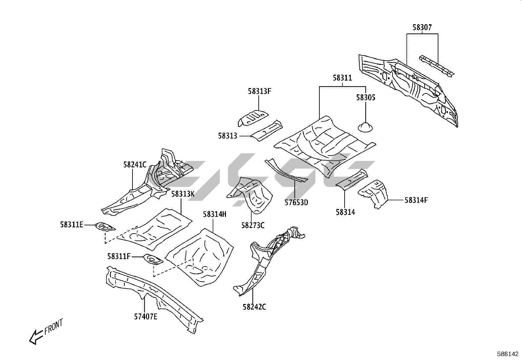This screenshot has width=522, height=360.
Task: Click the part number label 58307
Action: (422, 28)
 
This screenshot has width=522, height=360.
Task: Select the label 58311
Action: (342, 78)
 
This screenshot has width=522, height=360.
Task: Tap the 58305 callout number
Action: (366, 98)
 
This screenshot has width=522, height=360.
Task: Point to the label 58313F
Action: (259, 91)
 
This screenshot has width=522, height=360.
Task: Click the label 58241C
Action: (135, 165)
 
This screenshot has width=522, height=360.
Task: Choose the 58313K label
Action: (183, 194)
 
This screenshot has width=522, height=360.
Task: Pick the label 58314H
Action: (214, 215)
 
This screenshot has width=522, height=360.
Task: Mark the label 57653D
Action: (296, 202)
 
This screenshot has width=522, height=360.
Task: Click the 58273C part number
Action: (253, 225)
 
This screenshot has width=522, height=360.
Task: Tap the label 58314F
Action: (416, 200)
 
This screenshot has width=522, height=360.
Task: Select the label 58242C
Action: (254, 307)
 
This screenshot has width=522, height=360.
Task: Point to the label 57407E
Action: (146, 317)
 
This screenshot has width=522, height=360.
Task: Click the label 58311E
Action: (71, 225)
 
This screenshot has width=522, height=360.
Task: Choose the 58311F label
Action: (119, 256)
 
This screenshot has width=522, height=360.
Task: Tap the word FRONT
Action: (53, 326)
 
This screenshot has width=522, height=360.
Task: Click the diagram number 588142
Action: (508, 354)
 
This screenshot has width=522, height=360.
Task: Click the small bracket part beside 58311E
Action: (104, 227)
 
